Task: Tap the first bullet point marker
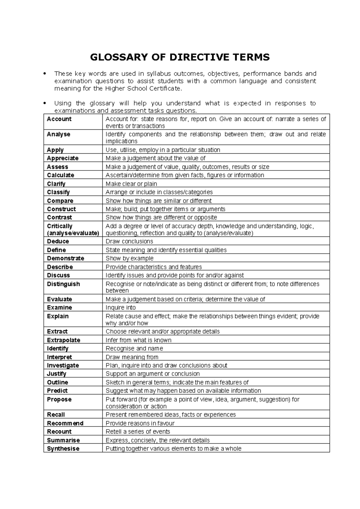point(45,74)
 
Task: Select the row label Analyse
point(58,134)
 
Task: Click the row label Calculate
point(61,175)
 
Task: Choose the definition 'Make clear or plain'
point(131,184)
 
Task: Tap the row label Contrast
point(59,218)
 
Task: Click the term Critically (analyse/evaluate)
point(73,230)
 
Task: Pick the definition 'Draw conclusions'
point(129,242)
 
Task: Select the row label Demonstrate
point(65,258)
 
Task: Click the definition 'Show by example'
point(130,258)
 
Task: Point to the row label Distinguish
point(63,284)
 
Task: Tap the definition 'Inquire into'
point(121,308)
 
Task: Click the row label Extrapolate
point(64,340)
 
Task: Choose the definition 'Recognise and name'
point(134,349)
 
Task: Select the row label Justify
point(56,374)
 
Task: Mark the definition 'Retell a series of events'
point(138,432)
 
